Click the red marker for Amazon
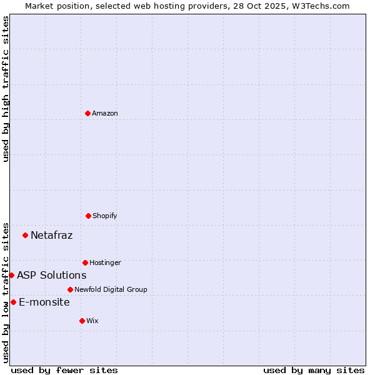(x=87, y=113)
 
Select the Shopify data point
(x=88, y=216)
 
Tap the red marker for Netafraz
(x=25, y=235)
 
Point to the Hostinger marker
(x=85, y=262)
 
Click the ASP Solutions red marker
(x=11, y=275)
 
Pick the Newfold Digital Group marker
(x=70, y=289)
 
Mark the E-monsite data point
(x=13, y=302)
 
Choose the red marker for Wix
(x=82, y=321)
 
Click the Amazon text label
(x=105, y=113)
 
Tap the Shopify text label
(x=105, y=216)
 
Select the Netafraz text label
(x=51, y=235)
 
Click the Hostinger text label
(x=105, y=262)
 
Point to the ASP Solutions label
(x=51, y=275)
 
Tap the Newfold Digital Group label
(x=111, y=289)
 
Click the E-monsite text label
(x=44, y=302)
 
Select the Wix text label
(x=92, y=321)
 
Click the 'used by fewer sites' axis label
(x=64, y=370)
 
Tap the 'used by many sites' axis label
(x=314, y=370)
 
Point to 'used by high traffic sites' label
(x=6, y=89)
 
